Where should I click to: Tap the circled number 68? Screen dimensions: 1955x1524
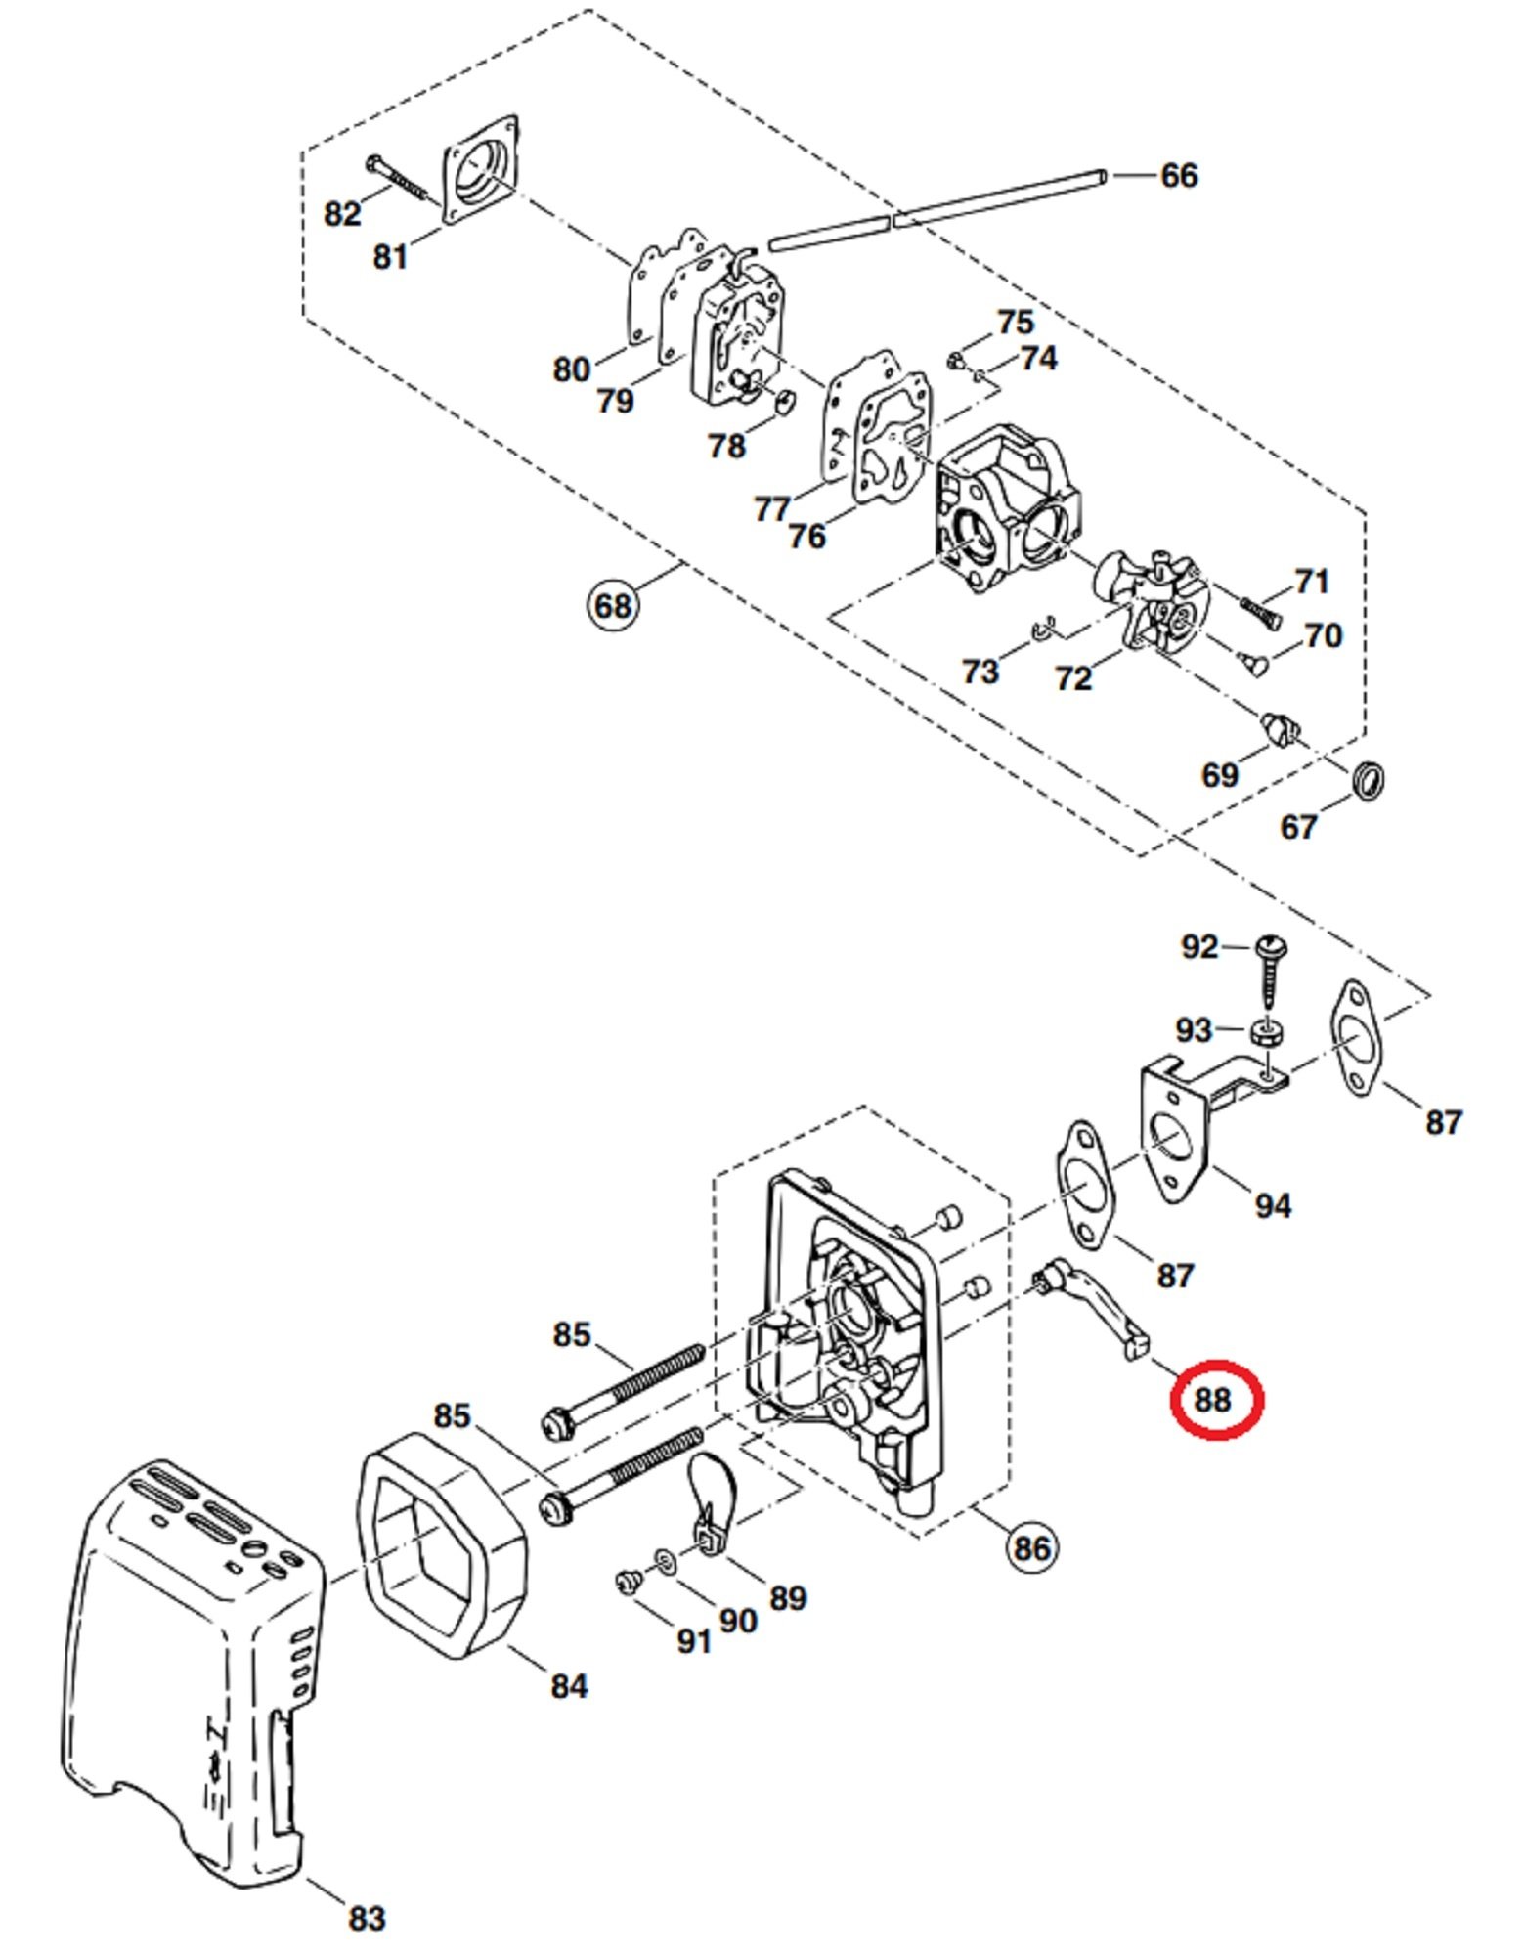coord(613,605)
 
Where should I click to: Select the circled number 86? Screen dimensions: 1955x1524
coord(1032,1547)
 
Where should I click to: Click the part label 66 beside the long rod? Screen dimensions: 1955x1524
coord(1178,176)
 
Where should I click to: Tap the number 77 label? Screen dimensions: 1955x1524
coord(772,509)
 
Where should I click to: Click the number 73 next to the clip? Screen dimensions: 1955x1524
coord(980,672)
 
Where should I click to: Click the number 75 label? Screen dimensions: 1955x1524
coord(1015,323)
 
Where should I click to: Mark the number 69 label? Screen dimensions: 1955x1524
coord(1219,776)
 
